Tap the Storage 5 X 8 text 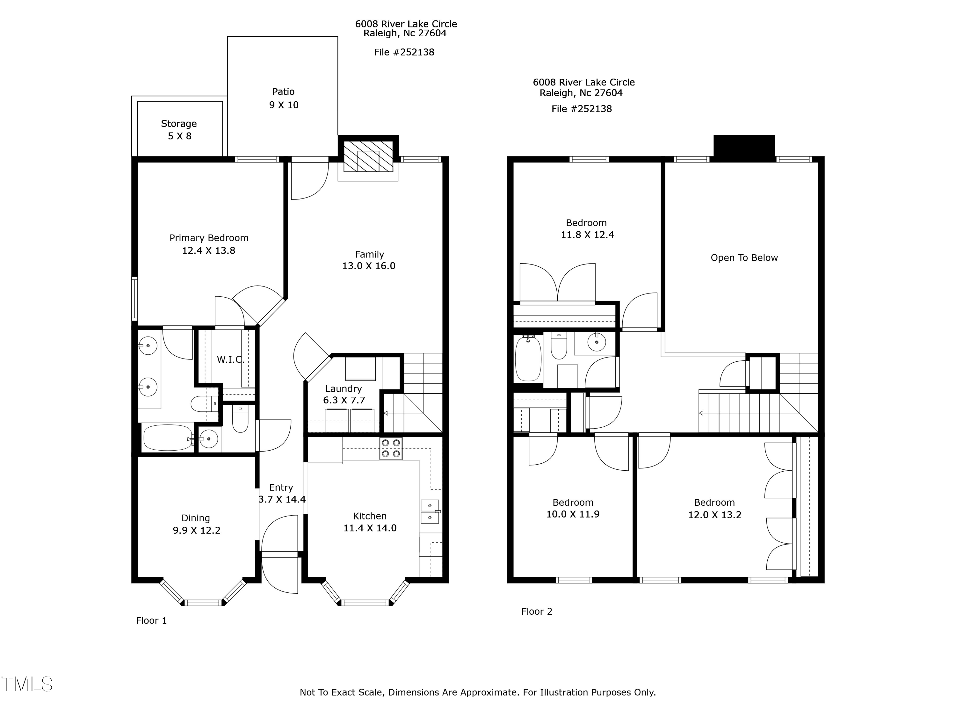click(179, 130)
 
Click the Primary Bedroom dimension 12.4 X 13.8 click(208, 251)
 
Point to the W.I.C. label click(230, 359)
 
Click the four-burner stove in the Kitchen click(391, 448)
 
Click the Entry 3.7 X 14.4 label click(281, 494)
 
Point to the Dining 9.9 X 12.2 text click(196, 524)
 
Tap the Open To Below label click(744, 258)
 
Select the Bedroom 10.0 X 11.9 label click(573, 508)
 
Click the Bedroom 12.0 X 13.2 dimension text click(714, 515)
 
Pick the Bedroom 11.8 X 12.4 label click(587, 229)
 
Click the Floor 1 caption click(151, 621)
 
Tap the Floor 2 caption click(536, 612)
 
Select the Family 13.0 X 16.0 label click(369, 260)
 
